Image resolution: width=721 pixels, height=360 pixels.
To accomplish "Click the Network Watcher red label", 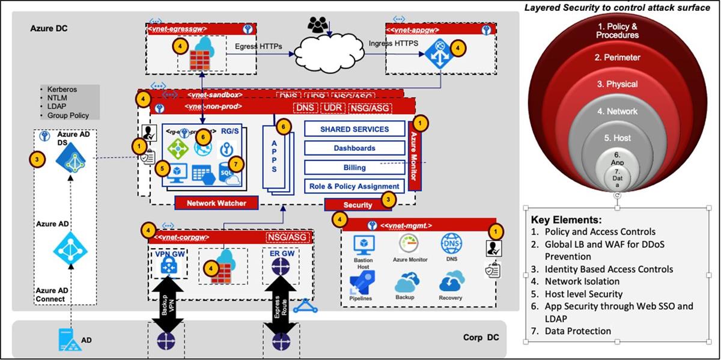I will tap(216, 203).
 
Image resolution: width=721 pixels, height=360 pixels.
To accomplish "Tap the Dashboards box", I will tap(354, 148).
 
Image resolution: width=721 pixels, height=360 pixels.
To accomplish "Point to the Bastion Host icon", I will tap(364, 245).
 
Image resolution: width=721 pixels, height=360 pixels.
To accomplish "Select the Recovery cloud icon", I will tap(451, 282).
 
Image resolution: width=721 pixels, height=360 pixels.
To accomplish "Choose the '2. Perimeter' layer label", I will tap(617, 58).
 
